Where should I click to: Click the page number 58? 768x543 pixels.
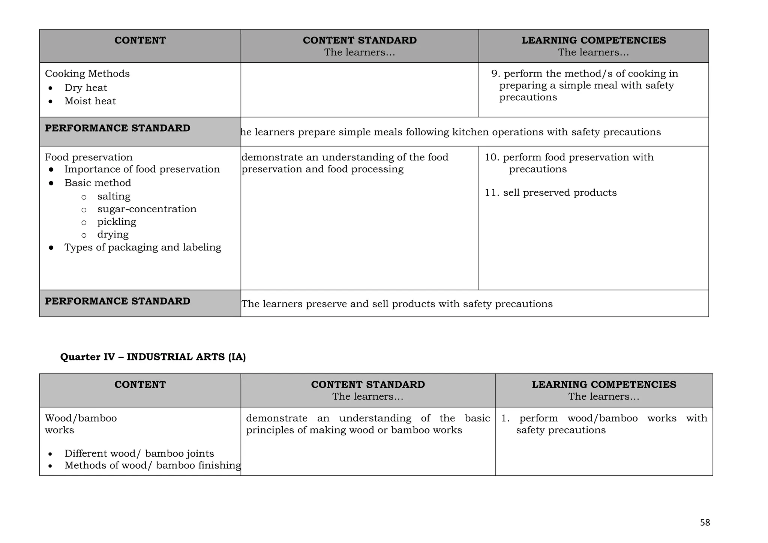coord(705,522)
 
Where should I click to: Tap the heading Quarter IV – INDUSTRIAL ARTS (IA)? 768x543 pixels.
coord(153,357)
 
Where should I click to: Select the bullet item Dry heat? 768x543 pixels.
coord(85,88)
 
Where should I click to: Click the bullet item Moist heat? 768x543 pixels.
coord(90,101)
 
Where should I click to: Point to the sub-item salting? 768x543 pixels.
coord(114,196)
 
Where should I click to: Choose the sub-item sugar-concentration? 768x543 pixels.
coord(147,209)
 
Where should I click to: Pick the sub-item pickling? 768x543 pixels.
coord(117,222)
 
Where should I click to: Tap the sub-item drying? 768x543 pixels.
coord(113,234)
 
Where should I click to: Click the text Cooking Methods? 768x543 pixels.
coord(87,73)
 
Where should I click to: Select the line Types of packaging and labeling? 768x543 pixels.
coord(142,247)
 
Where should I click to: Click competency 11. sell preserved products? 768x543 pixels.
coord(550,193)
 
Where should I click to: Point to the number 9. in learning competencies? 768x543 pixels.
coord(496,73)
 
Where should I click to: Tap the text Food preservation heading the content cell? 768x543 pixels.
coord(89,157)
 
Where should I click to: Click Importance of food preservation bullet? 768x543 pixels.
coord(142,169)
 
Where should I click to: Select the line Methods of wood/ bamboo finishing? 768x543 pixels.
coord(153,465)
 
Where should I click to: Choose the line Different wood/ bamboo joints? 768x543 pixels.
coord(139,453)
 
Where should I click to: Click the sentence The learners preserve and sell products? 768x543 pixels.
coord(397,304)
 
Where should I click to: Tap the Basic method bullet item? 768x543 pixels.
coord(97,183)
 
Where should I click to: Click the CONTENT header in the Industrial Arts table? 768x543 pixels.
coord(140,384)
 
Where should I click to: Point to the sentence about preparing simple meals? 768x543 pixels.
coord(450,132)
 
